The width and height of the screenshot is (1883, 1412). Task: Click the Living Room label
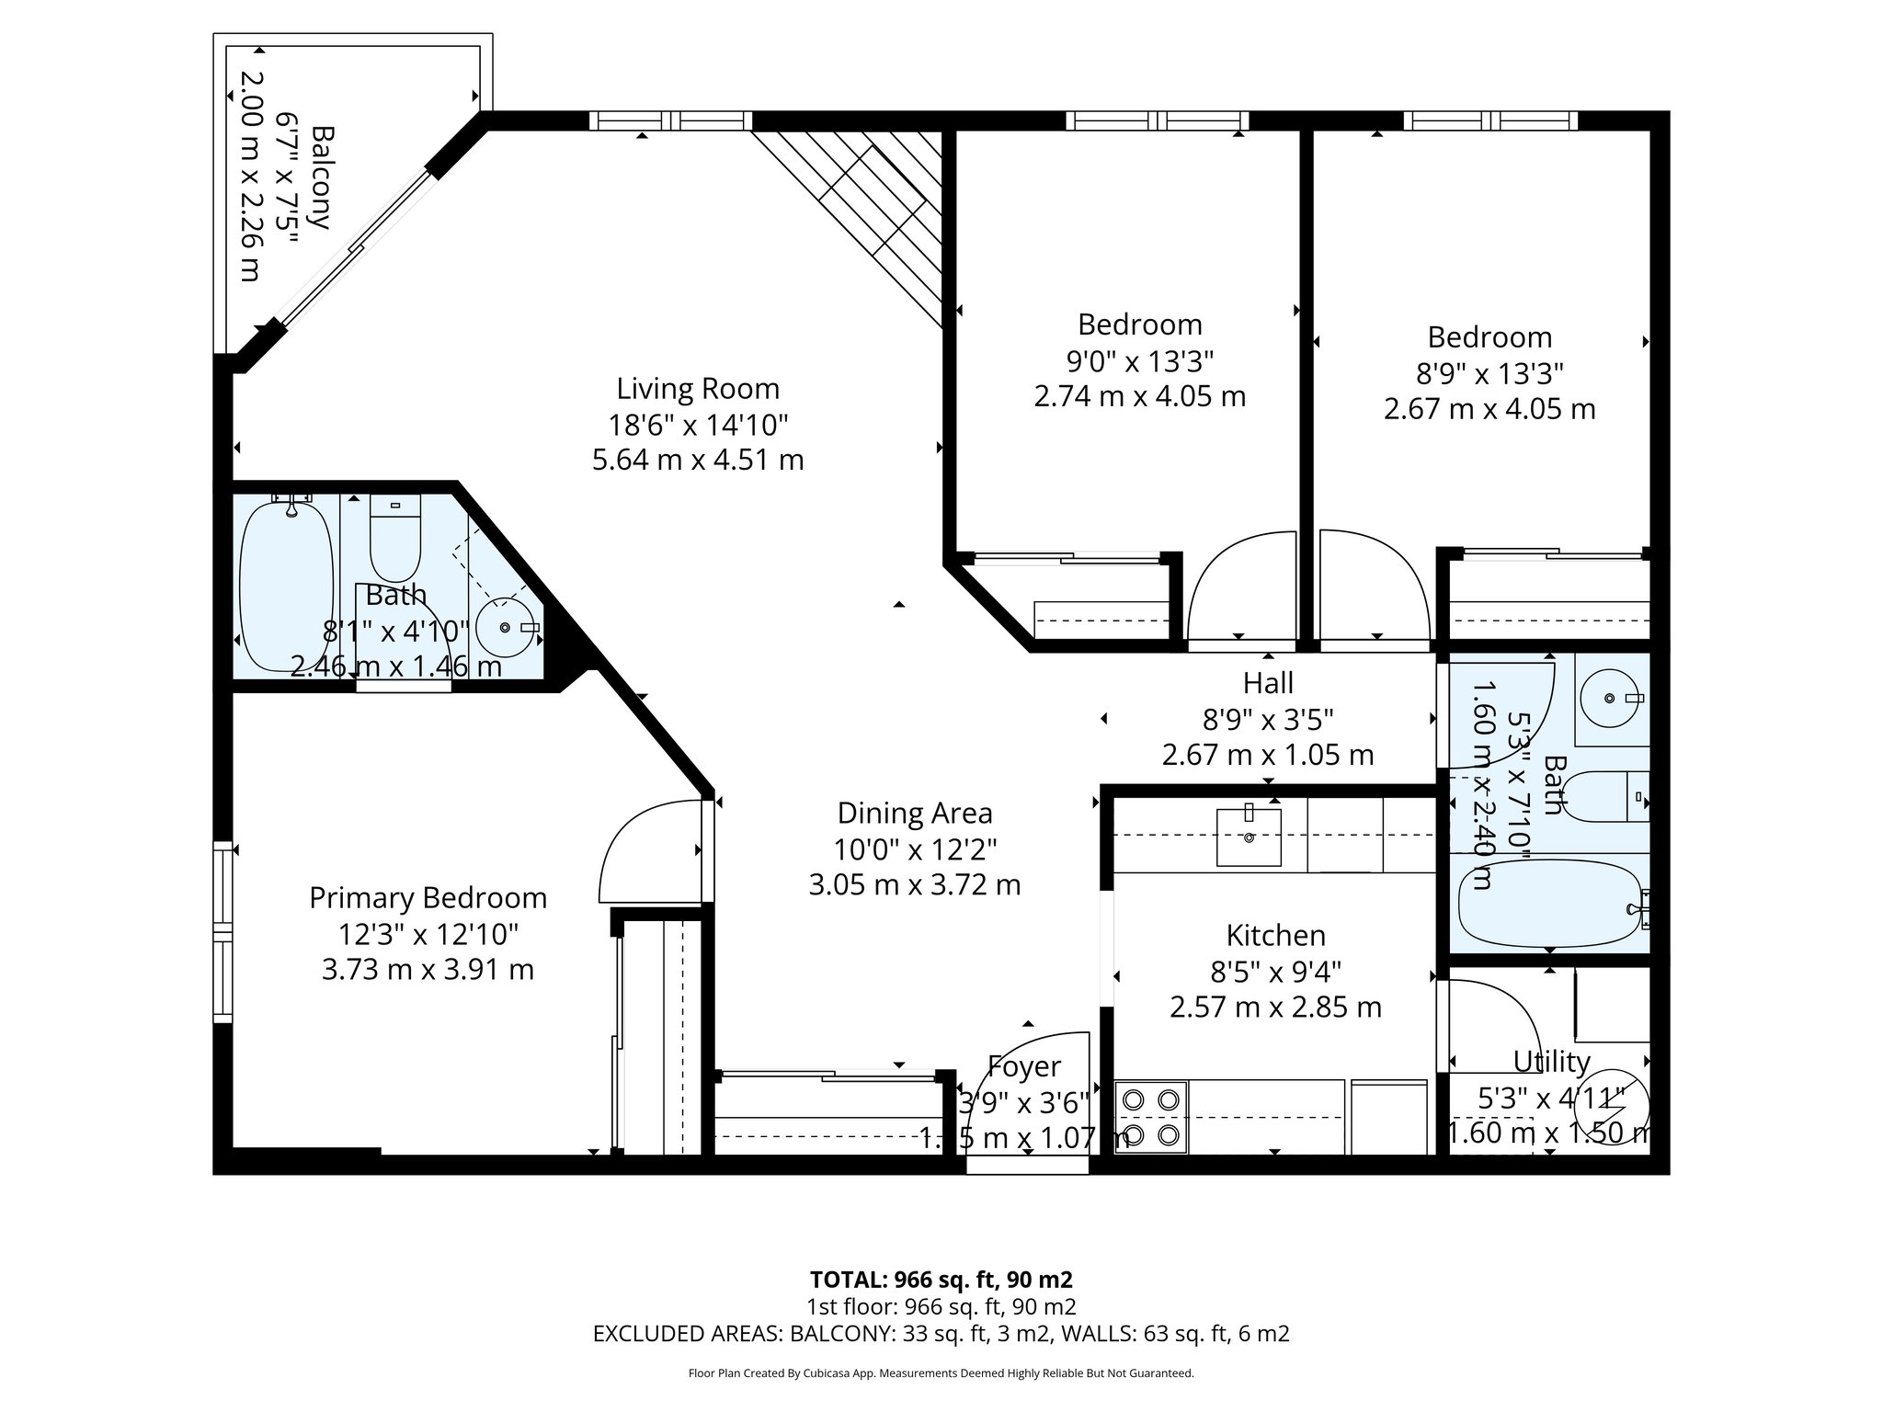[698, 389]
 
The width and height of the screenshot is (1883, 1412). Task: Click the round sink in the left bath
[505, 627]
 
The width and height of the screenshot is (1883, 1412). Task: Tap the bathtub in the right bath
[1548, 905]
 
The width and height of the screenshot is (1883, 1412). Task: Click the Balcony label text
[320, 176]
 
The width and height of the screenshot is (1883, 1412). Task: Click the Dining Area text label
[915, 814]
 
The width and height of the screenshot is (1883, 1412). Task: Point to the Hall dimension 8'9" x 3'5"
[1268, 719]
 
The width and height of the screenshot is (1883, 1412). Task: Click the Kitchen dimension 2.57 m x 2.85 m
[1275, 1008]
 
